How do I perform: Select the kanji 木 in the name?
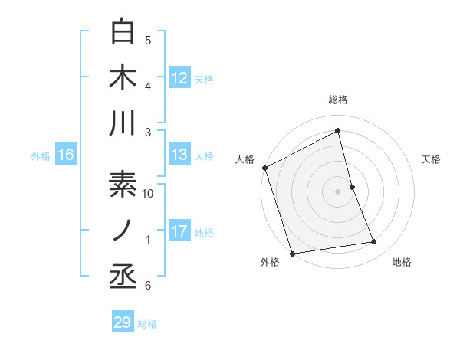pyautogui.click(x=123, y=77)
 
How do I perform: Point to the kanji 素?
pyautogui.click(x=123, y=186)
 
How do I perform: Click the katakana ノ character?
pyautogui.click(x=123, y=230)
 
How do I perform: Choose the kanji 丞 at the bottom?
pyautogui.click(x=123, y=275)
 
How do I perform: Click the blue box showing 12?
pyautogui.click(x=179, y=77)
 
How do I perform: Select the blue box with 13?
pyautogui.click(x=179, y=155)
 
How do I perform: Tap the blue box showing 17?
pyautogui.click(x=179, y=231)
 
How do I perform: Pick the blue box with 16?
pyautogui.click(x=66, y=155)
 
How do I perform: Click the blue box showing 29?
pyautogui.click(x=123, y=322)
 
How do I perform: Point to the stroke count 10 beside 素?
pyautogui.click(x=149, y=194)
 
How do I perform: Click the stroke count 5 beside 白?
pyautogui.click(x=148, y=41)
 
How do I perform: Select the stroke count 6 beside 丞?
pyautogui.click(x=148, y=286)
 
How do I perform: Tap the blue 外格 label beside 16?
pyautogui.click(x=41, y=156)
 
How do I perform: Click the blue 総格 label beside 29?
pyautogui.click(x=147, y=324)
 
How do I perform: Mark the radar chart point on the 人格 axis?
pyautogui.click(x=265, y=168)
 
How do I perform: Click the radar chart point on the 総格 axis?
pyautogui.click(x=338, y=131)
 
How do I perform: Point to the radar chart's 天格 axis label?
pyautogui.click(x=432, y=159)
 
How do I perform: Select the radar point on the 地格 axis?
pyautogui.click(x=374, y=242)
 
